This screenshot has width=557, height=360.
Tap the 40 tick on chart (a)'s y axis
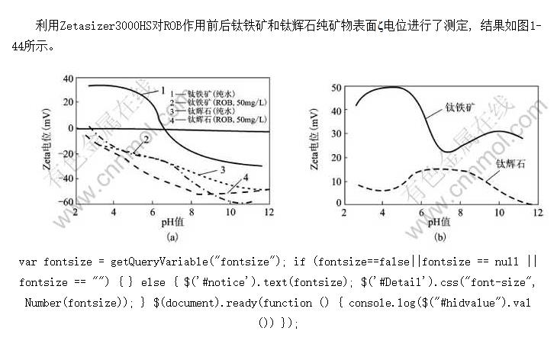click(68, 79)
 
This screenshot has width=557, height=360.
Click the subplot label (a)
click(172, 236)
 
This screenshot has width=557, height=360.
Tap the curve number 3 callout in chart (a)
click(222, 168)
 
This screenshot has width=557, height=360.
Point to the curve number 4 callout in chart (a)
click(245, 178)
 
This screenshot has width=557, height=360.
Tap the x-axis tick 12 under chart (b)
click(537, 212)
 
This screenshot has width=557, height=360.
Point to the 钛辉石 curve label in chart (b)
click(510, 163)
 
